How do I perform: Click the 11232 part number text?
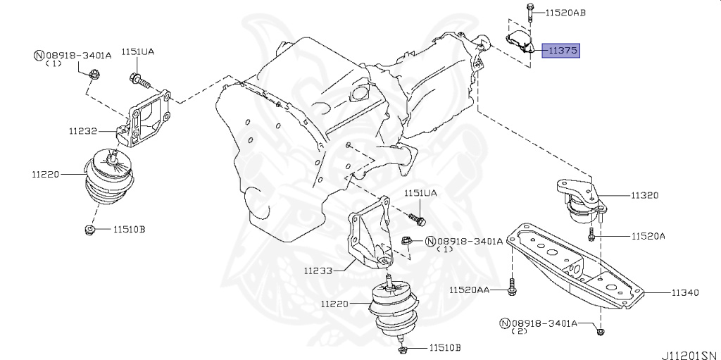pos(83,131)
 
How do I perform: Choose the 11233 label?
pos(318,269)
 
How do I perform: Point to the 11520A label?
pos(648,237)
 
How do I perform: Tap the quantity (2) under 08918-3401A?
pos(522,332)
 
